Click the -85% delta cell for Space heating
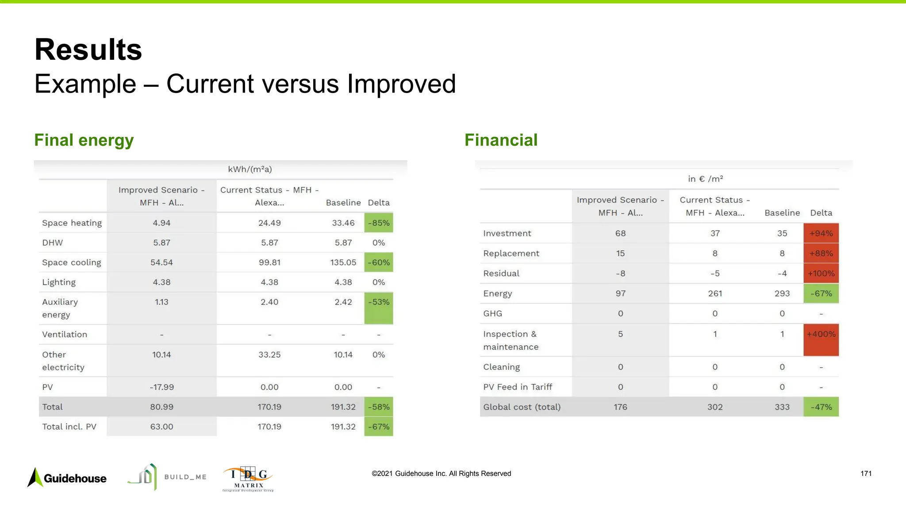pos(379,223)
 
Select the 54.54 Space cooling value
pos(161,263)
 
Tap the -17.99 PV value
pos(161,387)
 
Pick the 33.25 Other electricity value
pos(269,355)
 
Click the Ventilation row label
pos(65,335)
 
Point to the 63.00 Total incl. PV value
pos(161,427)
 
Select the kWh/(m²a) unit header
pos(250,169)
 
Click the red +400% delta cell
pos(821,340)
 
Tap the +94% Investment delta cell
pos(821,233)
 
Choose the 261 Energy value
pos(715,294)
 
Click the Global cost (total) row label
pos(522,407)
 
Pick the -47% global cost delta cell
pos(821,407)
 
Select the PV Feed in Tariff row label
pos(518,387)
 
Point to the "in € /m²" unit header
pos(705,179)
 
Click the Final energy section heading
pos(84,140)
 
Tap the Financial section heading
pos(501,140)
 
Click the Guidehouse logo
pos(67,478)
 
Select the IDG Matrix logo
pos(248,479)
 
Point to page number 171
pos(866,474)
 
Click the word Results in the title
pos(88,50)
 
